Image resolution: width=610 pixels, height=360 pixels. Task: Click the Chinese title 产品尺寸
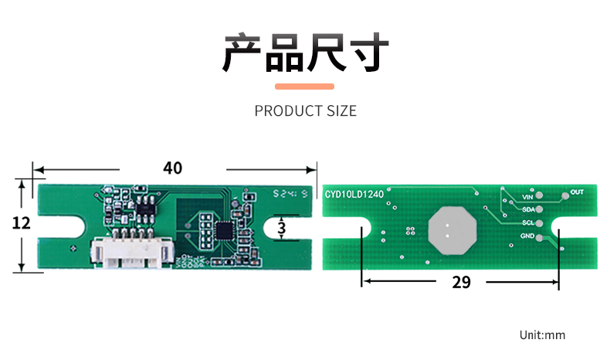tap(305, 53)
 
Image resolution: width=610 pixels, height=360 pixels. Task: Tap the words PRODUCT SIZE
tap(305, 111)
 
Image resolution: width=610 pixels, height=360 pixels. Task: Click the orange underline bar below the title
tap(305, 87)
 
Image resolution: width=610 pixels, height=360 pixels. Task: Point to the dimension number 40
tap(172, 168)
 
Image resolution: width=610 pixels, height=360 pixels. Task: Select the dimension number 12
tap(21, 223)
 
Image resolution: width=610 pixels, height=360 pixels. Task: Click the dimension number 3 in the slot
tap(281, 229)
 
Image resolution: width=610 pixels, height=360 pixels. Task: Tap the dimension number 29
tap(461, 282)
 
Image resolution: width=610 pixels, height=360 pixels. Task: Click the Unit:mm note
tap(542, 335)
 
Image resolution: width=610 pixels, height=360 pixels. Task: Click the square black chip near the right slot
tap(225, 229)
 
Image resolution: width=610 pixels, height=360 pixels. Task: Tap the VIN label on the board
tap(528, 197)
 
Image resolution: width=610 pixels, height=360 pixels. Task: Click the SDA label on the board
tap(528, 209)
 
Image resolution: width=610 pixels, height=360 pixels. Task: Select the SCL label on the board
tap(528, 222)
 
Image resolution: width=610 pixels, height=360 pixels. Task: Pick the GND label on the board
tap(527, 236)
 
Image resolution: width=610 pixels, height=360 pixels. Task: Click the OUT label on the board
tap(577, 192)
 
